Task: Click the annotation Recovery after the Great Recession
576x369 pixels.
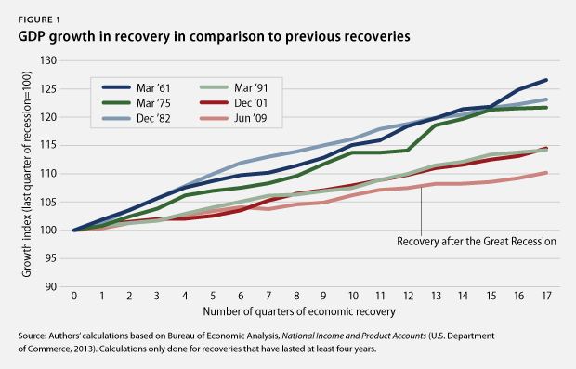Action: (x=475, y=242)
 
